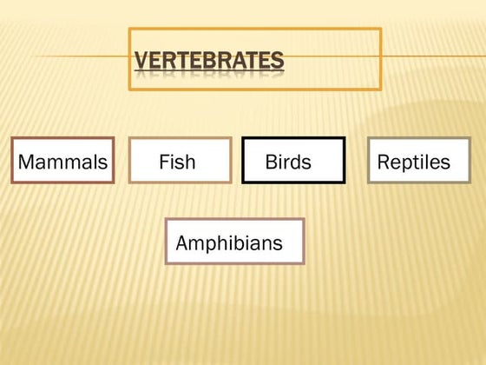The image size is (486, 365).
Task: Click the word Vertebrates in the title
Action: (209, 61)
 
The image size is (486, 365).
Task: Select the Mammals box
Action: (62, 161)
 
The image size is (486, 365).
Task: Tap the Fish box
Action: (180, 161)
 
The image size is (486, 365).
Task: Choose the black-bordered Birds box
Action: (292, 161)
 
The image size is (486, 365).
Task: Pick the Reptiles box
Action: (418, 161)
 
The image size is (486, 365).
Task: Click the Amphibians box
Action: (234, 242)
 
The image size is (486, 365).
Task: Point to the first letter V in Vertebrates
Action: (141, 61)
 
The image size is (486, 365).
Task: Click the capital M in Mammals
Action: (26, 162)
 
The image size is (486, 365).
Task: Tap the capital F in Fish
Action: (163, 162)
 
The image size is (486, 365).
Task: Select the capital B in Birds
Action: (271, 162)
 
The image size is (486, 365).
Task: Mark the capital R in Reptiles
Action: (383, 162)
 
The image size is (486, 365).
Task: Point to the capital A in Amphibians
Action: (181, 243)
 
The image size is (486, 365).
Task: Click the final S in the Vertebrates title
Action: (278, 61)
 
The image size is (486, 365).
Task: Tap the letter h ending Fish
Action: (191, 162)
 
